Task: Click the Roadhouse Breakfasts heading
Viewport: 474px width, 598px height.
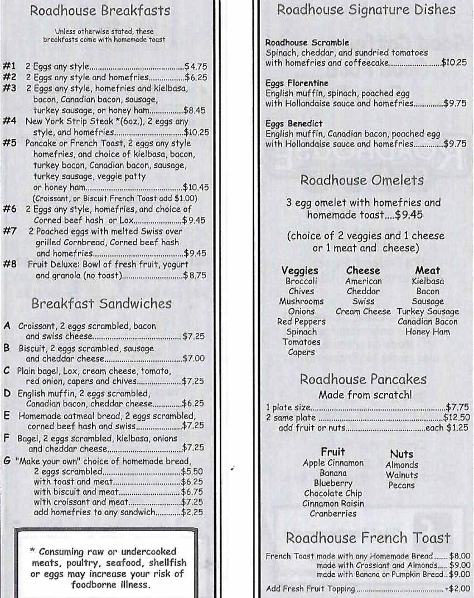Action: pos(100,11)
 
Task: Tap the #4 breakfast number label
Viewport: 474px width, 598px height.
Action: pos(9,121)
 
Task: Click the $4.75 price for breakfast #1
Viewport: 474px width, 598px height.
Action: pos(196,66)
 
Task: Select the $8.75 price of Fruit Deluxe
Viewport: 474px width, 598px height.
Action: pos(195,275)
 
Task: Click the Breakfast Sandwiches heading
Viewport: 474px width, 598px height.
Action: pos(101,304)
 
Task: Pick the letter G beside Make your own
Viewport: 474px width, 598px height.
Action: pos(7,461)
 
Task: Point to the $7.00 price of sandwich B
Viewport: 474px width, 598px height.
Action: pos(193,358)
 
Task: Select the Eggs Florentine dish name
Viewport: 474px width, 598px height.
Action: pos(289,83)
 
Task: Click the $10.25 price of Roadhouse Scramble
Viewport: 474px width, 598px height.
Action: pos(453,63)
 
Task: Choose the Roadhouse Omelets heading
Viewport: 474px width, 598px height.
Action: pos(362,180)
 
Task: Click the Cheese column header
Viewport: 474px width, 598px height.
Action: pos(363,271)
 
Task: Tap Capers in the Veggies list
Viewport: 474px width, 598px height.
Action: pos(301,352)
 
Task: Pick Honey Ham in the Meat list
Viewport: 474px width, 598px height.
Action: pos(428,332)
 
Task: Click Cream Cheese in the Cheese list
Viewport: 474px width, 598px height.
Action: pos(363,312)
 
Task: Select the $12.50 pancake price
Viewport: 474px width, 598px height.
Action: pos(456,417)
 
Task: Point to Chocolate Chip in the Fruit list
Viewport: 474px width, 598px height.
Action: pos(333,493)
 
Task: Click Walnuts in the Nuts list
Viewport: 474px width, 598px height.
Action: pos(402,475)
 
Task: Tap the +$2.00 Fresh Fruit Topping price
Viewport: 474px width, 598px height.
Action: pos(457,589)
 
